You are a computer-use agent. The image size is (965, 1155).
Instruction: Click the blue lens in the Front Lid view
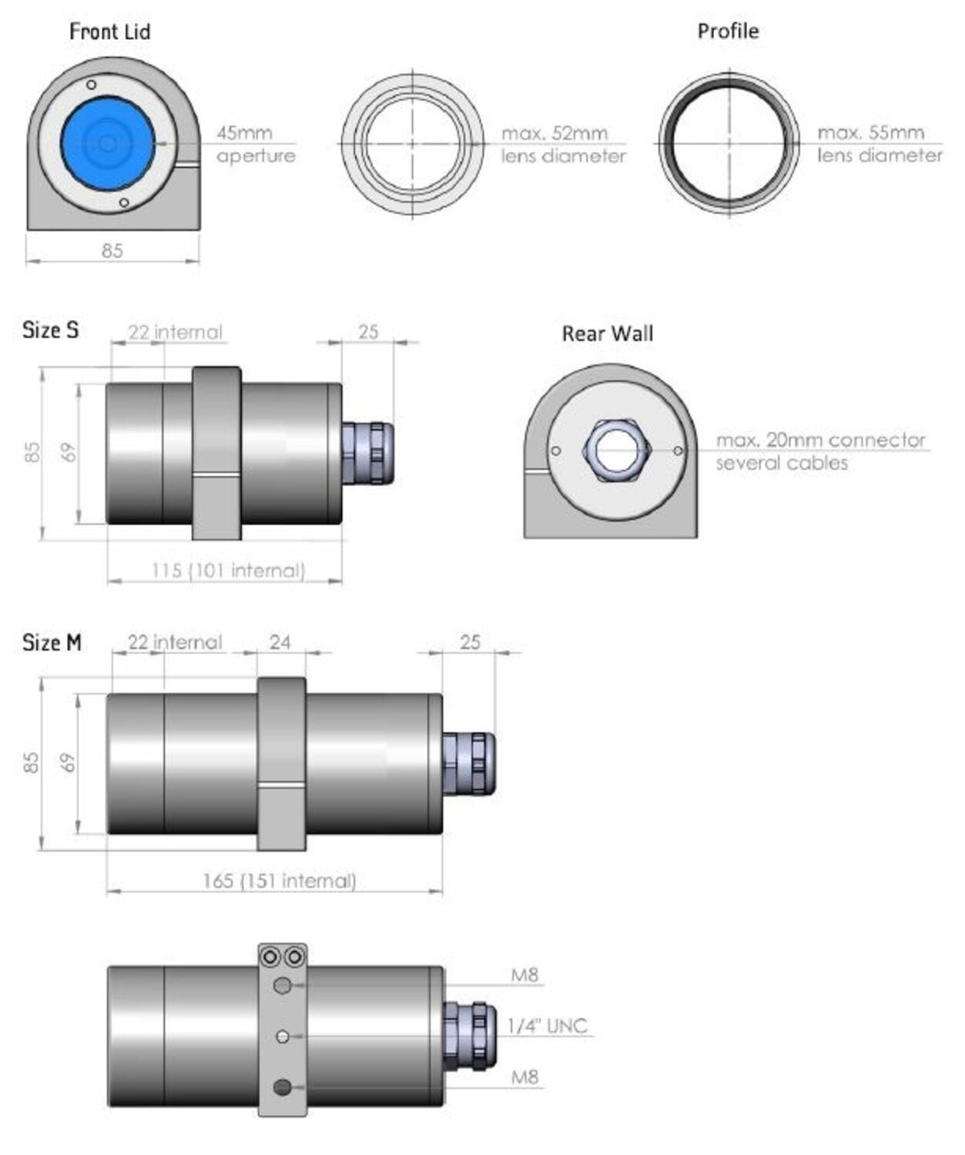pyautogui.click(x=108, y=143)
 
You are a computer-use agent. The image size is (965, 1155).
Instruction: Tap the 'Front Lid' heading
pyautogui.click(x=109, y=32)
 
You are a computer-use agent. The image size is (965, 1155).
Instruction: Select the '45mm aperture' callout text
pyautogui.click(x=255, y=144)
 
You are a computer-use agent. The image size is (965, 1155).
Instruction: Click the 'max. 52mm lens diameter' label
pyautogui.click(x=563, y=144)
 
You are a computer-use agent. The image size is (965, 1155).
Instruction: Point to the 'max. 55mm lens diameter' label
pyautogui.click(x=879, y=144)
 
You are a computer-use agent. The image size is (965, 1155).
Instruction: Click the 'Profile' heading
pyautogui.click(x=728, y=32)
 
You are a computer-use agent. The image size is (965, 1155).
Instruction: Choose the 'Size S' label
pyautogui.click(x=50, y=330)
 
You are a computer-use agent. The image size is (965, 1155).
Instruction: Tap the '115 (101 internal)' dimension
pyautogui.click(x=228, y=571)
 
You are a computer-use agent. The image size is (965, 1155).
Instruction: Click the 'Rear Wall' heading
pyautogui.click(x=607, y=333)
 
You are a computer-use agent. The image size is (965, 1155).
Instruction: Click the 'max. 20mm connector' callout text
pyautogui.click(x=820, y=440)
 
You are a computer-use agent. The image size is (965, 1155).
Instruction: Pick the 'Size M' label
pyautogui.click(x=52, y=642)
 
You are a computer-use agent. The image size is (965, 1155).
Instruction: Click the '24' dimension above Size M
pyautogui.click(x=280, y=642)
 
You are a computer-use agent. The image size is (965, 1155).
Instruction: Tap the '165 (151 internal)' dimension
pyautogui.click(x=279, y=881)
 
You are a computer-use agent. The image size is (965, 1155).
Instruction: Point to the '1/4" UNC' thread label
pyautogui.click(x=547, y=1026)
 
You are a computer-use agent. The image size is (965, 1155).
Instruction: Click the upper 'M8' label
pyautogui.click(x=524, y=975)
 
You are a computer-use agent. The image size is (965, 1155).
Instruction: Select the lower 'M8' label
pyautogui.click(x=524, y=1077)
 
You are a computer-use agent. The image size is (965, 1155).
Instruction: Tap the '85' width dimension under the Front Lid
pyautogui.click(x=112, y=251)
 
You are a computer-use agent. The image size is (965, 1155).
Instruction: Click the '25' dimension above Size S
pyautogui.click(x=368, y=332)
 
